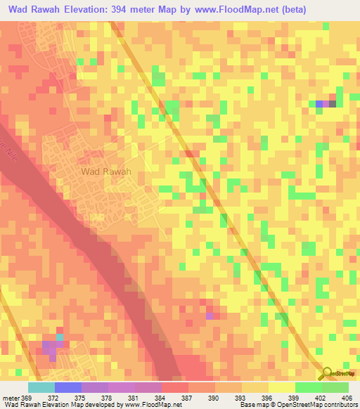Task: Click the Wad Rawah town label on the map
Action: pyautogui.click(x=107, y=171)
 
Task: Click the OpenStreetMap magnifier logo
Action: pyautogui.click(x=328, y=374)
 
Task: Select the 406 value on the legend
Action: pyautogui.click(x=347, y=397)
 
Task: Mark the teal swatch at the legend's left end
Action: pyautogui.click(x=41, y=387)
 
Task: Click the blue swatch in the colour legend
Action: pyautogui.click(x=68, y=387)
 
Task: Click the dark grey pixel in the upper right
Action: pyautogui.click(x=333, y=104)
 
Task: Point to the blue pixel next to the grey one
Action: pyautogui.click(x=319, y=104)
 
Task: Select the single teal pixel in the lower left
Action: pyautogui.click(x=59, y=338)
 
